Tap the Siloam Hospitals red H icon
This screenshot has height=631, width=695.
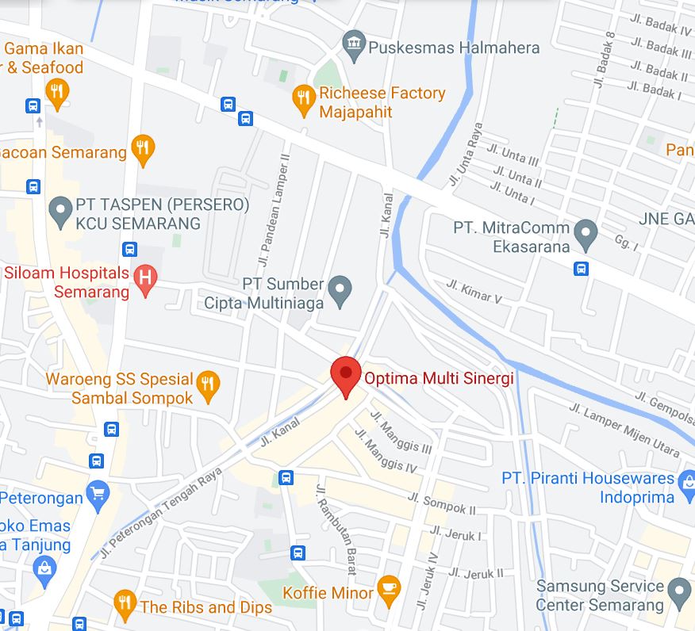pos(145,277)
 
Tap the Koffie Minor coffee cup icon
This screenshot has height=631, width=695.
pos(388,587)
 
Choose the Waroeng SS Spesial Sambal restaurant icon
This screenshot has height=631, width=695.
pos(207,384)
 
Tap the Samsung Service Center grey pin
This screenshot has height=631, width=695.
pos(678,591)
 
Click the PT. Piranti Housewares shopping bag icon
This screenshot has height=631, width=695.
pos(687,478)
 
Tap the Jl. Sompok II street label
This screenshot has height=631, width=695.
pos(442,503)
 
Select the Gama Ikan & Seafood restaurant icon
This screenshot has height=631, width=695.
pos(56,92)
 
